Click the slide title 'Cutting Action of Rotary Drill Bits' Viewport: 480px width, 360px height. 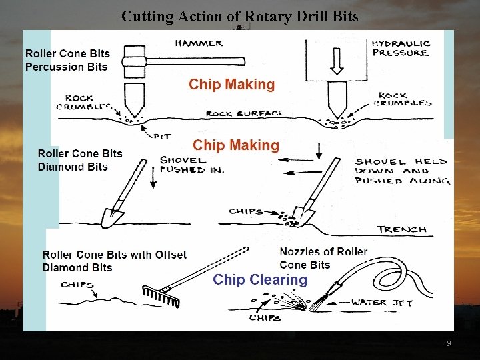239,16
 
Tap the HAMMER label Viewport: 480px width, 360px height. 199,43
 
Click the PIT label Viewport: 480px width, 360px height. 162,136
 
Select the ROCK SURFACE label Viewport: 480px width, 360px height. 245,114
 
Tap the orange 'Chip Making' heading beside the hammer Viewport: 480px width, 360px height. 231,85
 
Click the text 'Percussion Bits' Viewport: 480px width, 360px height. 67,67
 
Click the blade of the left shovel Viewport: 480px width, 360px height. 112,216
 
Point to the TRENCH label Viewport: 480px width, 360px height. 401,229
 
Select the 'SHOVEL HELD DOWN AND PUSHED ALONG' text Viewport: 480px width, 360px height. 401,171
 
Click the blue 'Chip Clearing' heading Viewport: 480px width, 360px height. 260,280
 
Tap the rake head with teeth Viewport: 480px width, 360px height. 161,294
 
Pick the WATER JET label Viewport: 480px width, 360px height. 382,303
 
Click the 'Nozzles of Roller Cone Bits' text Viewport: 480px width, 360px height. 323,258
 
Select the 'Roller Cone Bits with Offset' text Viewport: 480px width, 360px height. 114,255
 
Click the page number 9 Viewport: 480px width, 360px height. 449,343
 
